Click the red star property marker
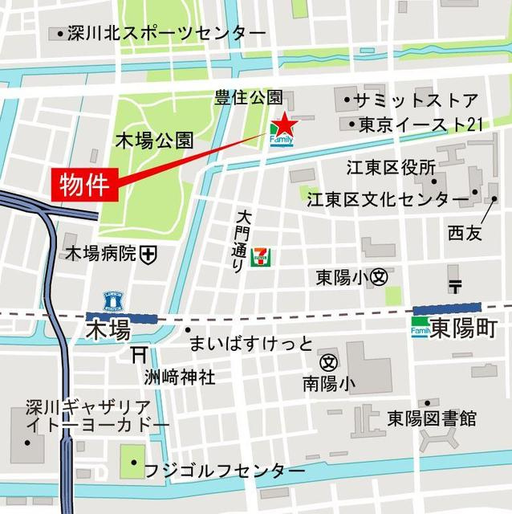pyautogui.click(x=284, y=125)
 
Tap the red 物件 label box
pyautogui.click(x=85, y=185)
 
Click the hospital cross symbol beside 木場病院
pyautogui.click(x=148, y=255)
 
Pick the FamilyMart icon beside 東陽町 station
pyautogui.click(x=421, y=328)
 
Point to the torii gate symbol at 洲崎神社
pyautogui.click(x=138, y=354)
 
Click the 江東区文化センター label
pyautogui.click(x=388, y=198)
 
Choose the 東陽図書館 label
pyautogui.click(x=431, y=418)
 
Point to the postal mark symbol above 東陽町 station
pyautogui.click(x=455, y=285)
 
